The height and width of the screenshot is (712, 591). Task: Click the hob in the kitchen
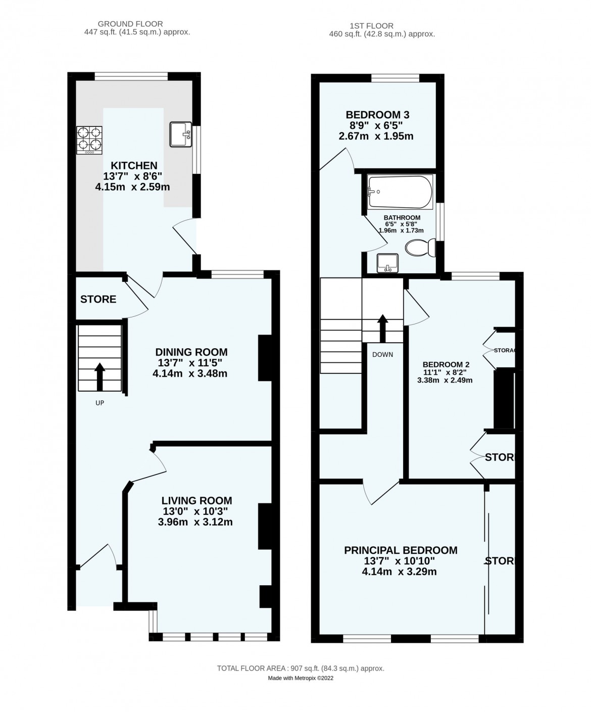tap(89, 140)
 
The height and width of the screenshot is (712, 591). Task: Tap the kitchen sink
tap(179, 134)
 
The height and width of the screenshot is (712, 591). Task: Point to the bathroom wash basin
tap(387, 263)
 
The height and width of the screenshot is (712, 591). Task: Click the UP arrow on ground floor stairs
tap(100, 376)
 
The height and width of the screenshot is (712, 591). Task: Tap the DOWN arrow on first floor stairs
tap(382, 328)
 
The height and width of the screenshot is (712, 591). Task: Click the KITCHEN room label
tap(134, 166)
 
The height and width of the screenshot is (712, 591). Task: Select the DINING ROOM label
tap(191, 352)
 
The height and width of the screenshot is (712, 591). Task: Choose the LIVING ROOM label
tap(196, 500)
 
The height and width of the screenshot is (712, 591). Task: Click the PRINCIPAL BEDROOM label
tap(401, 550)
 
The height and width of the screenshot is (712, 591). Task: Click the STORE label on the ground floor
tap(98, 299)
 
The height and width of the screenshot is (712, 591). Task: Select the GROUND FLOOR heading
tap(130, 24)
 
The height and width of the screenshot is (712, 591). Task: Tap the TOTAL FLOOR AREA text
tap(301, 668)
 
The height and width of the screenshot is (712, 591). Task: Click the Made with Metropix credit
tap(301, 678)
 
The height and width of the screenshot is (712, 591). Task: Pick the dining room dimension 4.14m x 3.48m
tap(190, 374)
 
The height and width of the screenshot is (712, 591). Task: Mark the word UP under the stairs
tap(100, 403)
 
